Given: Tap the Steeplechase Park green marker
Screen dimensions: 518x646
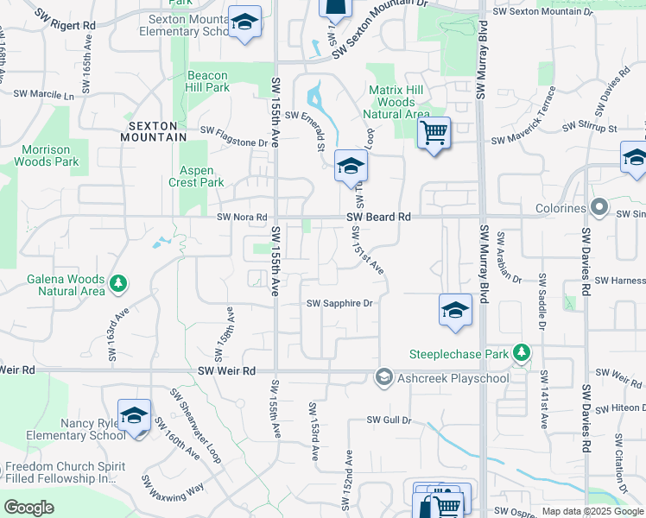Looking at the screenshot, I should (x=521, y=352).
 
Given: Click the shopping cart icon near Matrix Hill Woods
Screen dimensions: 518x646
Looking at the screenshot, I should (x=434, y=133).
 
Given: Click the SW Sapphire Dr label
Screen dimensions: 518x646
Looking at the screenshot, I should (x=339, y=303).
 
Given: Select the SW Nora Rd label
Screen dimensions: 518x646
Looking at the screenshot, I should (x=242, y=218).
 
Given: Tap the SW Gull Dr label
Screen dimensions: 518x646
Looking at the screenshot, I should (x=389, y=420).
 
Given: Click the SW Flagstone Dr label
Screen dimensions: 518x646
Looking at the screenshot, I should (x=234, y=130).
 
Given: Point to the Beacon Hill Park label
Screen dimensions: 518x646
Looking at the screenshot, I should (x=208, y=81).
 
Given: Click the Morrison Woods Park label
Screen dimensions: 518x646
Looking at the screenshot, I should (x=50, y=155).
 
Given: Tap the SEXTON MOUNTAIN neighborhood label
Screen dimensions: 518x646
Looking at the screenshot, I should (x=153, y=131).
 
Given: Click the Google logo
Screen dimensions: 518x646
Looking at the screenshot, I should (x=28, y=508).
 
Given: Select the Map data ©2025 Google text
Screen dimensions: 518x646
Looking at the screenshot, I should (x=592, y=511).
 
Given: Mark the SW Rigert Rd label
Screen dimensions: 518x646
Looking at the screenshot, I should (x=66, y=26).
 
